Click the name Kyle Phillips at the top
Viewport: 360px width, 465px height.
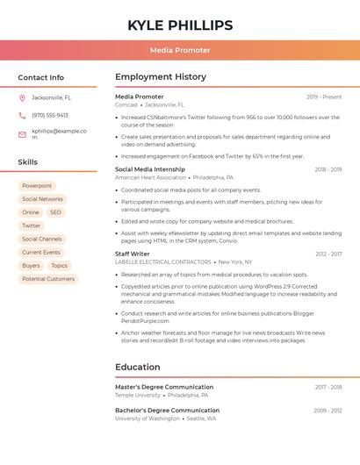pyautogui.click(x=180, y=25)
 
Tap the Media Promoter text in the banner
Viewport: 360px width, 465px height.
pyautogui.click(x=180, y=51)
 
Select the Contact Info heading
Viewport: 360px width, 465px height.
pyautogui.click(x=41, y=77)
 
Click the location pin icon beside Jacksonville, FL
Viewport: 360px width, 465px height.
pyautogui.click(x=22, y=97)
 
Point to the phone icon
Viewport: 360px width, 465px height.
pyautogui.click(x=22, y=115)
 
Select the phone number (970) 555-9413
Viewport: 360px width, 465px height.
pyautogui.click(x=50, y=115)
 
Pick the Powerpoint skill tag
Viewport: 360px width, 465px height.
pyautogui.click(x=37, y=186)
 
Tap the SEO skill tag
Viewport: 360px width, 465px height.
pyautogui.click(x=55, y=212)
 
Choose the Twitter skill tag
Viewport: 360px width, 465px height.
pyautogui.click(x=32, y=225)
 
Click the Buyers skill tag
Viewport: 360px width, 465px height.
pyautogui.click(x=31, y=266)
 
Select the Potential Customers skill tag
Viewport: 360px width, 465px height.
pyautogui.click(x=48, y=279)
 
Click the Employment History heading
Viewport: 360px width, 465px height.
pyautogui.click(x=160, y=77)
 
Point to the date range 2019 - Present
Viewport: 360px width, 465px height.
pyautogui.click(x=324, y=97)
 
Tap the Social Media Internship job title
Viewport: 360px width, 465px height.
pyautogui.click(x=150, y=169)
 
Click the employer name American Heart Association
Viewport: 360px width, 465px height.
pyautogui.click(x=150, y=177)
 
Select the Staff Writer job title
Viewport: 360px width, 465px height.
pyautogui.click(x=133, y=254)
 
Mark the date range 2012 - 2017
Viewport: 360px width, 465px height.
pyautogui.click(x=328, y=254)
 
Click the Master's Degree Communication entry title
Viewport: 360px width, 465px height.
pyautogui.click(x=164, y=387)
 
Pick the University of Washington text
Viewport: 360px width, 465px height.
pyautogui.click(x=148, y=418)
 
